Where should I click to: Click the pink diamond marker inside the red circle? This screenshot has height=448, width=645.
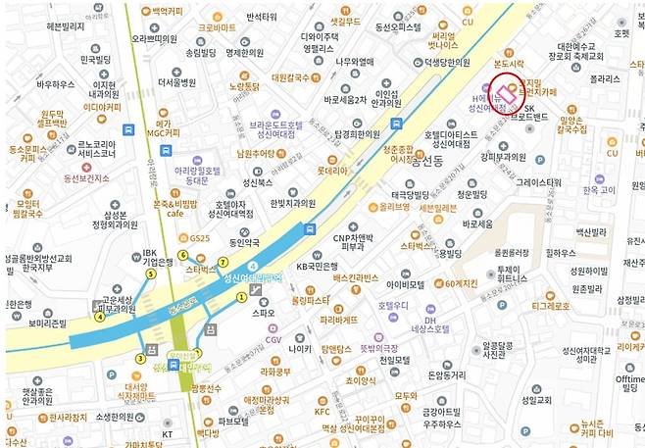[507, 94]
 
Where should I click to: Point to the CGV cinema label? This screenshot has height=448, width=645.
[273, 340]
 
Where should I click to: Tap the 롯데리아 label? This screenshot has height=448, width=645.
[332, 169]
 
